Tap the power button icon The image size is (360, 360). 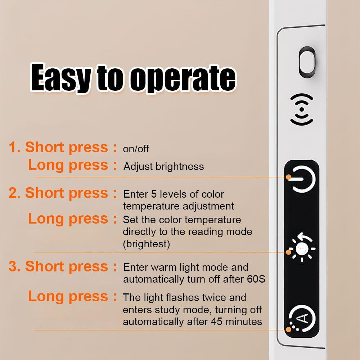[303, 179]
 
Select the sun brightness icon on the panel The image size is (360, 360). [302, 248]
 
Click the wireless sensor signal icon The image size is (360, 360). [302, 109]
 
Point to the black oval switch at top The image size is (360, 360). [307, 62]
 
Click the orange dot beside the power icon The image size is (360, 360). [289, 177]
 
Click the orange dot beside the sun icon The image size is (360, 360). [289, 252]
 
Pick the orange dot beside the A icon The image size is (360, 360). [289, 330]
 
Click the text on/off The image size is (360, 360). [136, 149]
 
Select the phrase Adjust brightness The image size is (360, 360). [163, 166]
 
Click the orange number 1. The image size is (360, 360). [13, 147]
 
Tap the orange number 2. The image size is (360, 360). [13, 193]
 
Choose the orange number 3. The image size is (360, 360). [13, 266]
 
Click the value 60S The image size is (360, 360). [256, 279]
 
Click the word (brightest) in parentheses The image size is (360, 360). [147, 244]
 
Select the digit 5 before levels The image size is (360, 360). [154, 194]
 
